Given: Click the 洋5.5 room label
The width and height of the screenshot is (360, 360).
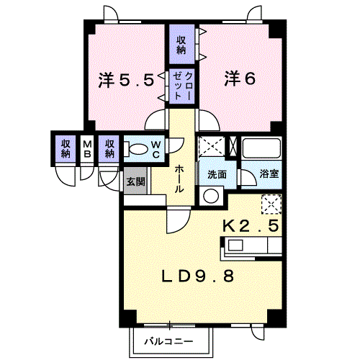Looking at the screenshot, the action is (x=126, y=80).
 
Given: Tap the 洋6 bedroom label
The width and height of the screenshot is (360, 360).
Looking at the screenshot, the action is (x=240, y=78).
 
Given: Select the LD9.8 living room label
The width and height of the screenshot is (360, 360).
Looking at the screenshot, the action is (x=197, y=276).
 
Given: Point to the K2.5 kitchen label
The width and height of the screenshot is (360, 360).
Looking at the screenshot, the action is (x=251, y=225).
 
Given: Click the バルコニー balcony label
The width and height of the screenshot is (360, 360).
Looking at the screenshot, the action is (x=168, y=341).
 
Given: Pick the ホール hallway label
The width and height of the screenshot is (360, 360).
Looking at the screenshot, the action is (x=179, y=179).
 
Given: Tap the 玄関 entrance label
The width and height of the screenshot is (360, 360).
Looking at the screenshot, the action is (x=136, y=181).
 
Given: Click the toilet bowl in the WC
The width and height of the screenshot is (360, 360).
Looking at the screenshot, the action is (x=138, y=149).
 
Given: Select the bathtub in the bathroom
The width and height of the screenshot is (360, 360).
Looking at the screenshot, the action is (x=261, y=148).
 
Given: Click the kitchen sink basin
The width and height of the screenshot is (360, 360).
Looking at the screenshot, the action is (x=235, y=246).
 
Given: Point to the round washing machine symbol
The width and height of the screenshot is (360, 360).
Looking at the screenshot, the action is (x=211, y=196).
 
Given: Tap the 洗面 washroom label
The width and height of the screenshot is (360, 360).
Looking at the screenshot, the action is (x=217, y=174).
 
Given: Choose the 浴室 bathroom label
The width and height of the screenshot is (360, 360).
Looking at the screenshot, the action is (x=269, y=174).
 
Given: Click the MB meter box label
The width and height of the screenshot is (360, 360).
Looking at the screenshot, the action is (x=87, y=149).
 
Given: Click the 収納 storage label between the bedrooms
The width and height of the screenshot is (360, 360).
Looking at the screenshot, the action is (x=181, y=45).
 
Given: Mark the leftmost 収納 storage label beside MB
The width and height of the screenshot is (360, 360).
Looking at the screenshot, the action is (x=66, y=149).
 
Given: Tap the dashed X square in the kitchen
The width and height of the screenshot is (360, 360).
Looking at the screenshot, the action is (x=271, y=204).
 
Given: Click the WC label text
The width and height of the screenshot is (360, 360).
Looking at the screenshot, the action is (x=156, y=150).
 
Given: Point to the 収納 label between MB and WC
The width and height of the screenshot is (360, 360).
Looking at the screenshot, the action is (x=109, y=149).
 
